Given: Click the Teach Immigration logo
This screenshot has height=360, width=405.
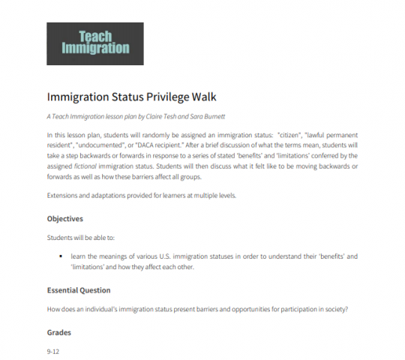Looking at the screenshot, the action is [x=94, y=43].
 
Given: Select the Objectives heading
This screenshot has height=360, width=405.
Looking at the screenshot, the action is [x=64, y=219].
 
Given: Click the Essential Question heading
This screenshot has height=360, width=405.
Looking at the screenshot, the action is [x=79, y=289].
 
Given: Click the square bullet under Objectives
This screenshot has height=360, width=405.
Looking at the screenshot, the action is [x=61, y=257].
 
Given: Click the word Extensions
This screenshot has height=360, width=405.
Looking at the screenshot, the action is [x=63, y=195].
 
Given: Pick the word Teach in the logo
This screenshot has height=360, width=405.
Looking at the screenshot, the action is [x=95, y=34].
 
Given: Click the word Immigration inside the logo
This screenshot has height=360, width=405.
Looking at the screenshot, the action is [x=95, y=49].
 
